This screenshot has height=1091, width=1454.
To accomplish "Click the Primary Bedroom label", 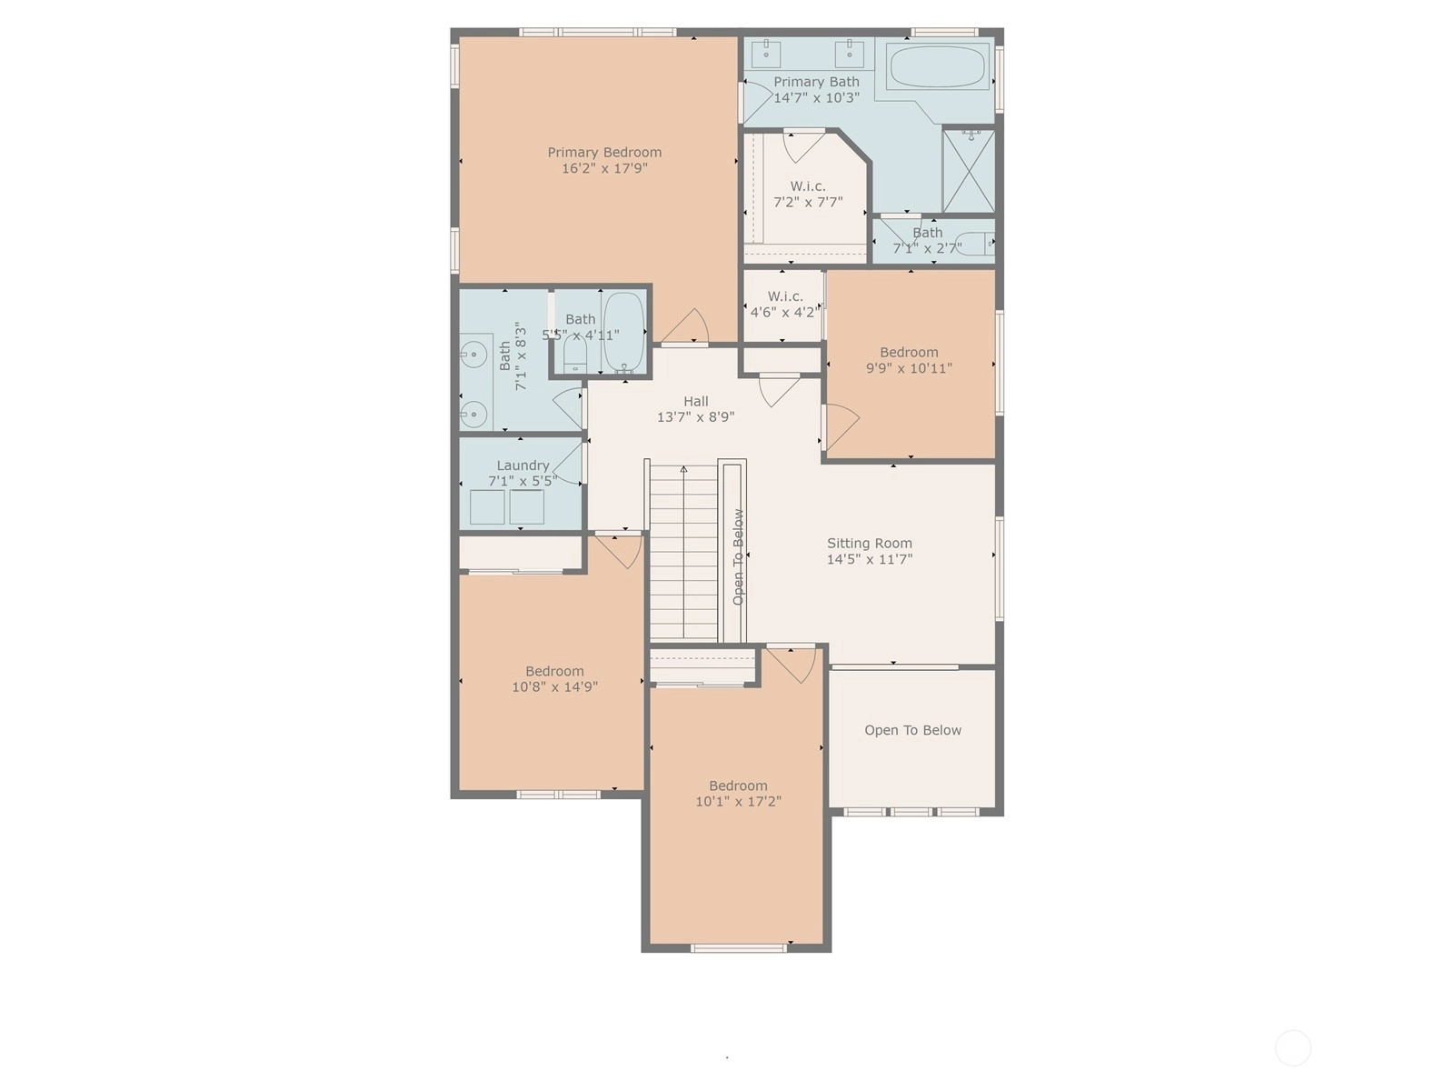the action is pyautogui.click(x=604, y=153).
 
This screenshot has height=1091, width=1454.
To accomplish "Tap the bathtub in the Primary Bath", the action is pyautogui.click(x=936, y=66).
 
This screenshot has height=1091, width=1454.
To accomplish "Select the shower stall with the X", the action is pyautogui.click(x=969, y=172).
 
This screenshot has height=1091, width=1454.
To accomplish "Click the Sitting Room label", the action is pyautogui.click(x=869, y=543).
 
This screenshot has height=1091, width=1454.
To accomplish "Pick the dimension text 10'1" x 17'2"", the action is pyautogui.click(x=738, y=802).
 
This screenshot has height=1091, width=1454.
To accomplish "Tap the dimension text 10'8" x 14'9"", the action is pyautogui.click(x=554, y=687).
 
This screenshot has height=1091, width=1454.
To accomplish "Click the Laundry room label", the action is pyautogui.click(x=523, y=465).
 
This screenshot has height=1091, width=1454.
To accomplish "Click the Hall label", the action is pyautogui.click(x=695, y=402).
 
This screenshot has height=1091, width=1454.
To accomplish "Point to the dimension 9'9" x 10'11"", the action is pyautogui.click(x=909, y=368).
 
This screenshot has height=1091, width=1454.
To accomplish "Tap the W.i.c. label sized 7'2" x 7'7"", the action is pyautogui.click(x=808, y=186).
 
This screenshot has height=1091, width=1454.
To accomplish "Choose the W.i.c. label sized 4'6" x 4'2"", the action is pyautogui.click(x=785, y=296).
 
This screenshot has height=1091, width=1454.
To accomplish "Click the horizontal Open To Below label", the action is pyautogui.click(x=912, y=730).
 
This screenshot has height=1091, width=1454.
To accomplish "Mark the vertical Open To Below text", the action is pyautogui.click(x=738, y=557).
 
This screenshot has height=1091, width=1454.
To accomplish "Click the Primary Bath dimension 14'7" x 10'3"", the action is pyautogui.click(x=816, y=98).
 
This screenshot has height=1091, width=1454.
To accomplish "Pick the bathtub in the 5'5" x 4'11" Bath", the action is pyautogui.click(x=623, y=332).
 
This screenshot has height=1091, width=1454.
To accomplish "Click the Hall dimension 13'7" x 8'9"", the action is pyautogui.click(x=695, y=417).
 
